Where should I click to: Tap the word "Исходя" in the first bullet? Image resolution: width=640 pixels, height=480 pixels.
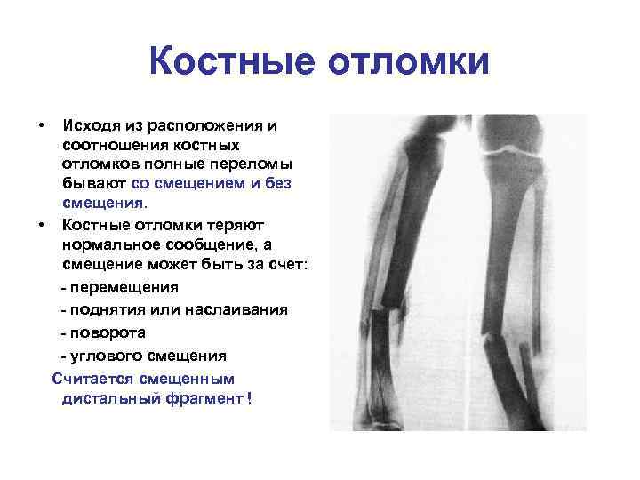(x=91, y=125)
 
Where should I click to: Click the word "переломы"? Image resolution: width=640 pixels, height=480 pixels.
(x=252, y=164)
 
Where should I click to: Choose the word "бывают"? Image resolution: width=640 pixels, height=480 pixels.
(x=93, y=183)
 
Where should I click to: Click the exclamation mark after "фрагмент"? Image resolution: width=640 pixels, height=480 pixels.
(x=249, y=398)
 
